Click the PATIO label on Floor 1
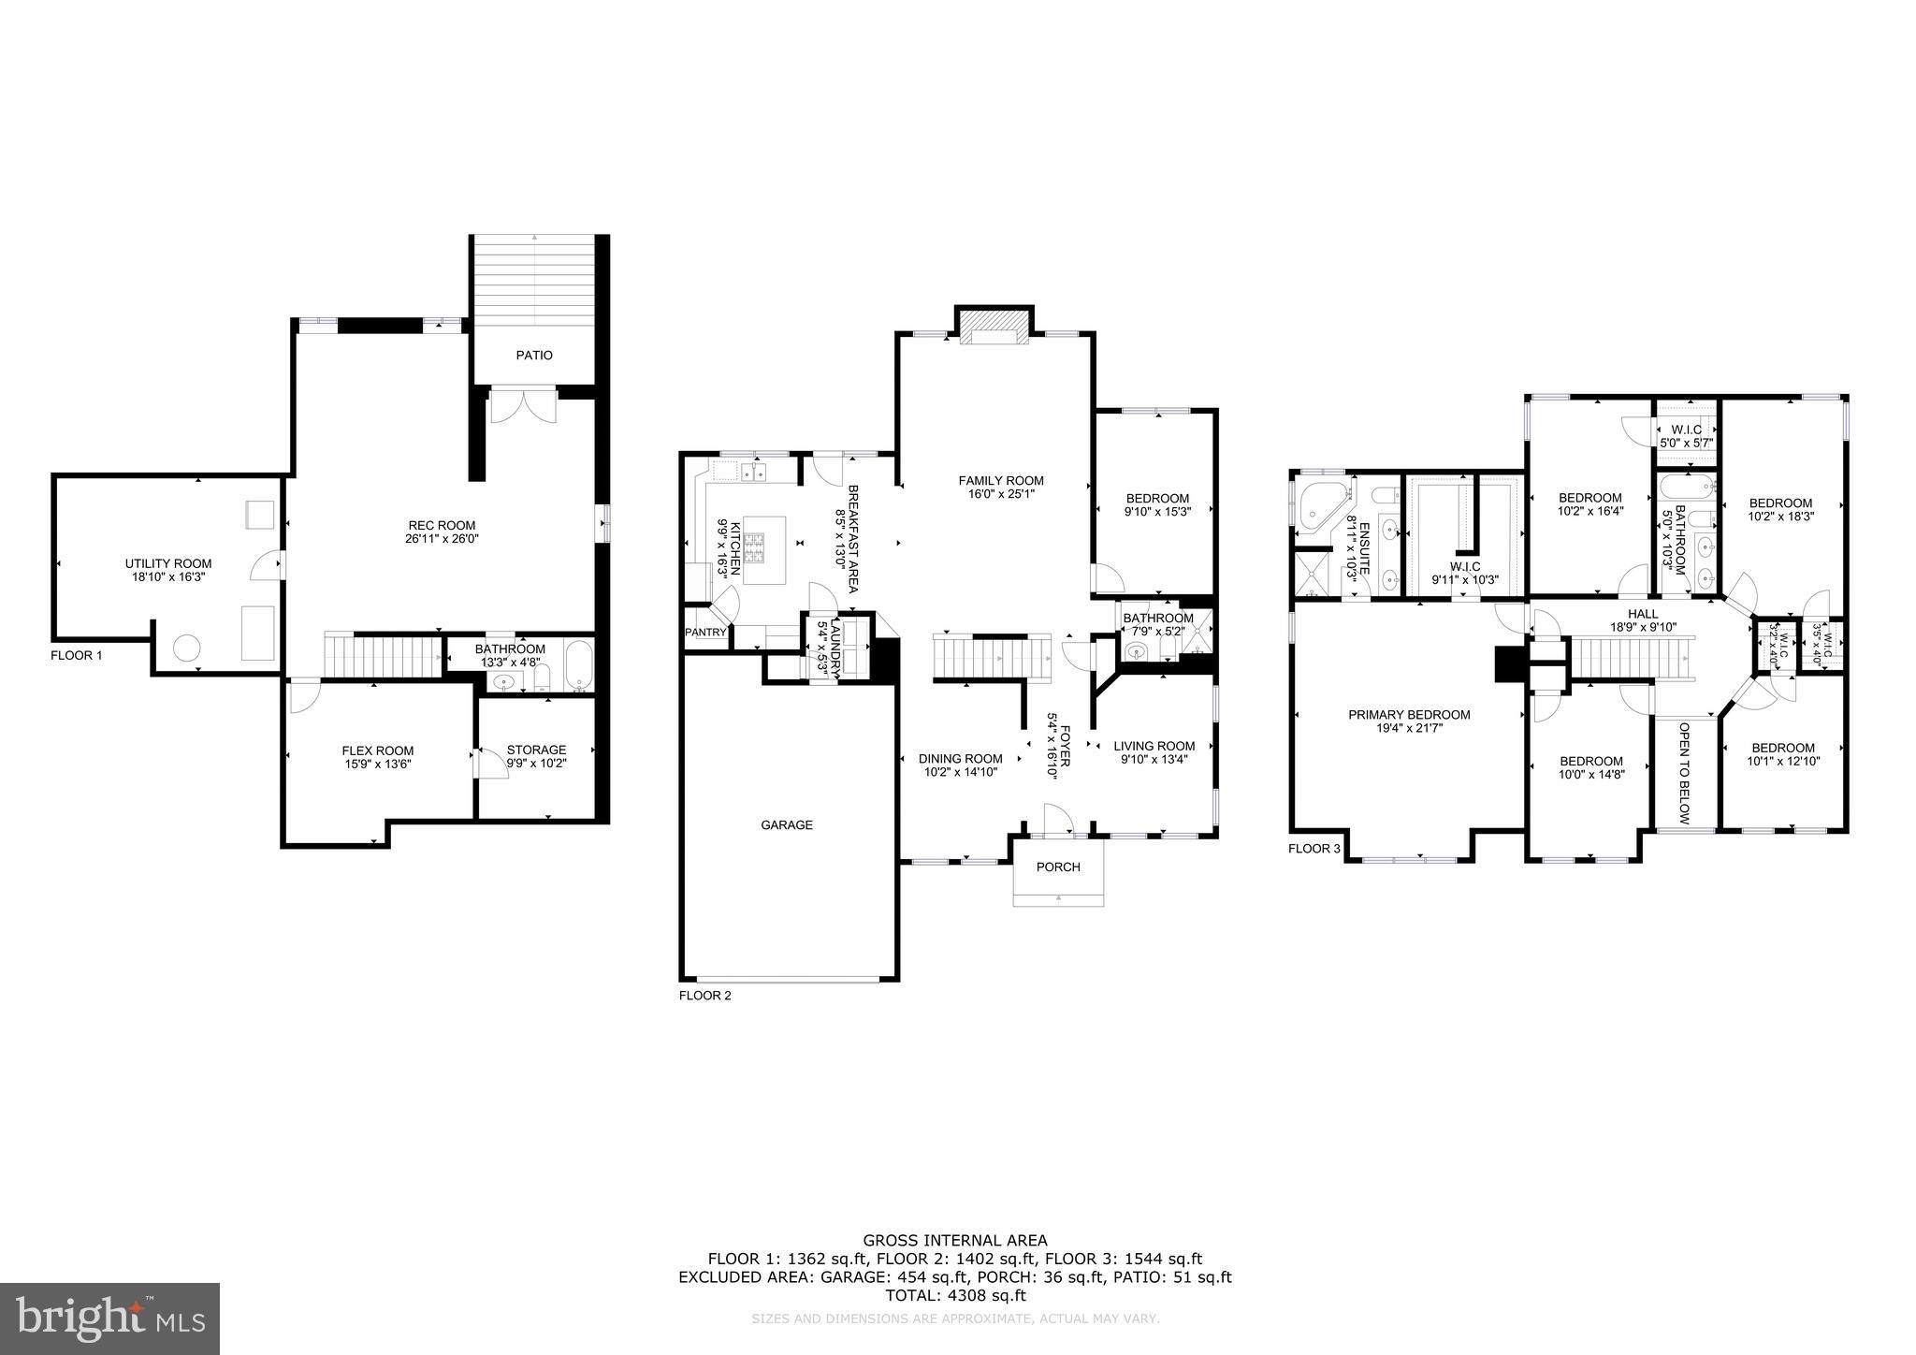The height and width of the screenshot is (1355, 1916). click(x=534, y=356)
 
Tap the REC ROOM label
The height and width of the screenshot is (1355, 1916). click(x=442, y=525)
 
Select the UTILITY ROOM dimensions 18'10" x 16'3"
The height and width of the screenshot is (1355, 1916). click(x=168, y=577)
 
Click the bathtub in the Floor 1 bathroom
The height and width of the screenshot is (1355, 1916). click(x=578, y=665)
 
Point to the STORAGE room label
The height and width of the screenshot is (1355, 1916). click(x=536, y=750)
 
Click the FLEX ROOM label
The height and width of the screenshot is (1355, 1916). click(x=377, y=750)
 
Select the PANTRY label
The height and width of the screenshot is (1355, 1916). click(x=705, y=633)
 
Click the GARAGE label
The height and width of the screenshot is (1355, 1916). click(x=786, y=825)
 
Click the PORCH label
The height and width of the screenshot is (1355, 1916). click(x=1058, y=867)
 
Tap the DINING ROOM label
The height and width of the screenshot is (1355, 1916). click(x=960, y=759)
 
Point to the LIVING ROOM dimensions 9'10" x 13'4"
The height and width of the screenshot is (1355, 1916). click(x=1154, y=760)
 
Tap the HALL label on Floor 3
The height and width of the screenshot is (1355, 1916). click(x=1643, y=614)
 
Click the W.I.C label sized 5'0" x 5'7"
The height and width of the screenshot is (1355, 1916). click(x=1685, y=430)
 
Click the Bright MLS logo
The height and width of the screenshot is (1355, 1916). click(x=109, y=1319)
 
